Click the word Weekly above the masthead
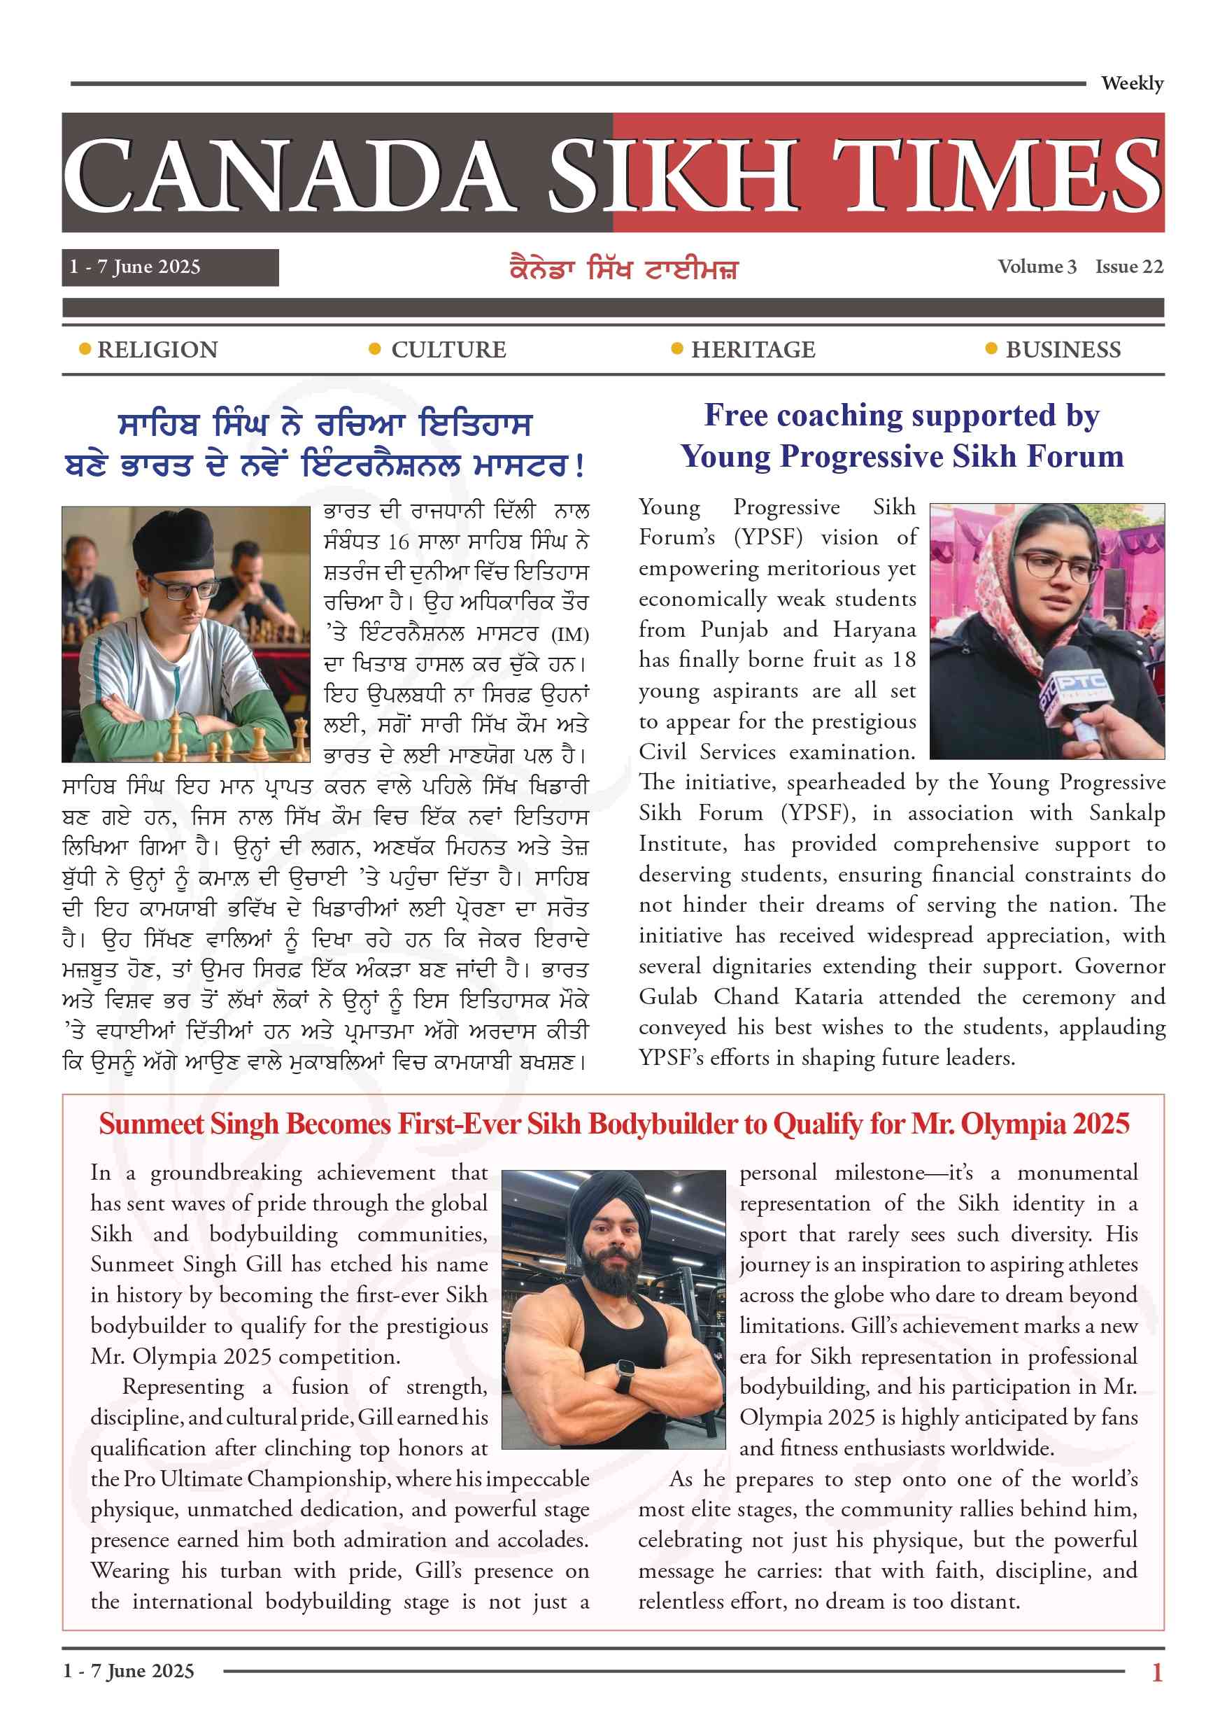tap(1132, 83)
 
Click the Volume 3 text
tap(1037, 267)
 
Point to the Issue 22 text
tap(1129, 267)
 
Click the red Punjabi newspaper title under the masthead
tap(623, 269)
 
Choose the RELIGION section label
tap(157, 349)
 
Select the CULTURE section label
tap(448, 349)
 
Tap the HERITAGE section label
tap(753, 349)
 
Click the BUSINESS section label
tap(1063, 349)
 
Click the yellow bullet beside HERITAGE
tap(677, 348)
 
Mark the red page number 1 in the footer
tap(1156, 1672)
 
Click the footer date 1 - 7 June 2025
tap(129, 1671)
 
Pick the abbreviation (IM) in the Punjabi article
tap(569, 634)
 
